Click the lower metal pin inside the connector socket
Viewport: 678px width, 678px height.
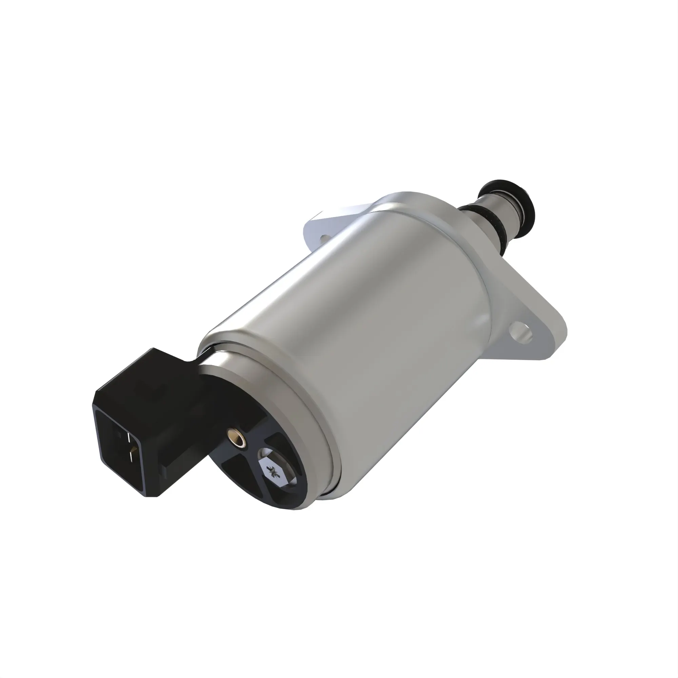pyautogui.click(x=130, y=456)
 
